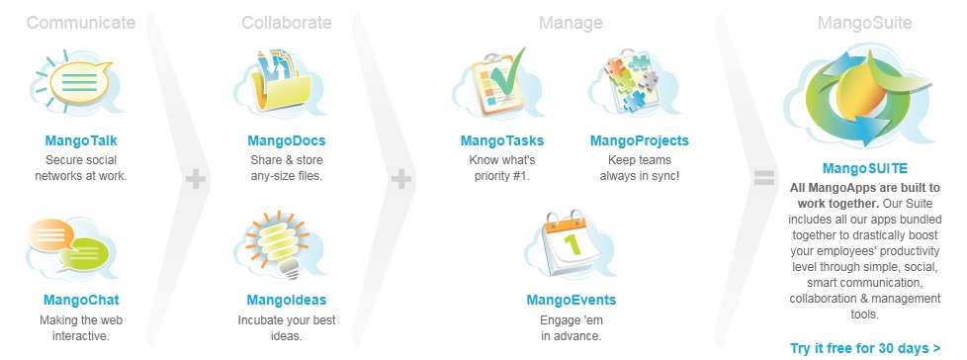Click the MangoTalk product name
click(x=81, y=140)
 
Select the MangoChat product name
click(x=81, y=301)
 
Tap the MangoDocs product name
click(x=286, y=140)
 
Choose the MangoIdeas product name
click(x=286, y=301)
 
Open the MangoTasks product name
click(x=502, y=140)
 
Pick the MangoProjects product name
click(x=639, y=141)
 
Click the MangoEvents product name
click(x=571, y=301)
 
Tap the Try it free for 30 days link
click(x=865, y=348)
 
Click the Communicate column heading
click(x=81, y=23)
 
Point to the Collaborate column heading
click(x=286, y=23)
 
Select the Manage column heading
click(x=571, y=24)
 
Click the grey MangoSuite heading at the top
click(x=864, y=24)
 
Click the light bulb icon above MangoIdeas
click(x=278, y=243)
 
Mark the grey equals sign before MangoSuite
click(x=764, y=178)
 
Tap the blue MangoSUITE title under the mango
click(x=864, y=169)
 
